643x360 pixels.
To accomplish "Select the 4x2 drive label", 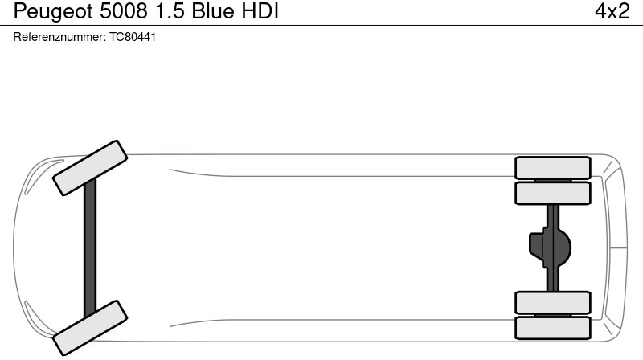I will coord(612,12).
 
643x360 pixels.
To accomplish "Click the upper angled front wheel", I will coord(90,167).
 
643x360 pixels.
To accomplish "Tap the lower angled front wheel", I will coord(90,328).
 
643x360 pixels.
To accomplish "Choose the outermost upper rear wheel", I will coord(552,167).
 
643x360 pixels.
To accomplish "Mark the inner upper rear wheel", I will coord(552,193).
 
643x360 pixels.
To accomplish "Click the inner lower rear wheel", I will coord(552,302).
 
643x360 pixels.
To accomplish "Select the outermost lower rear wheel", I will coord(552,328).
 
